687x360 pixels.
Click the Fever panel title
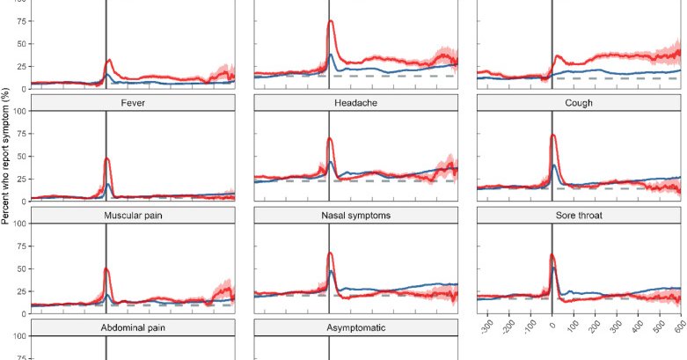(133, 102)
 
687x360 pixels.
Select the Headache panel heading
(356, 102)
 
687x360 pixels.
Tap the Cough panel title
(579, 102)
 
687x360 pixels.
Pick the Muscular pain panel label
(133, 215)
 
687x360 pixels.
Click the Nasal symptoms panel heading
(356, 215)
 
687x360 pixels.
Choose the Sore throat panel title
(579, 215)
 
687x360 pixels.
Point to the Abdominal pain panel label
(133, 327)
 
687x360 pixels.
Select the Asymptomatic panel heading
(356, 327)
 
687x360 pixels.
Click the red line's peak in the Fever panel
(107, 158)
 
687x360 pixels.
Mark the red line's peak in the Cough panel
(553, 136)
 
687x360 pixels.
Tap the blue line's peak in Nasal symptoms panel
(331, 270)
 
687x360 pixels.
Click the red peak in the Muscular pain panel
(106, 268)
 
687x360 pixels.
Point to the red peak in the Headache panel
(330, 138)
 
